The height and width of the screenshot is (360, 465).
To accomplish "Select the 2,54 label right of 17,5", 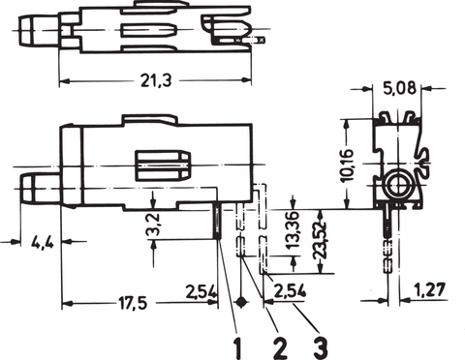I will pyautogui.click(x=201, y=291).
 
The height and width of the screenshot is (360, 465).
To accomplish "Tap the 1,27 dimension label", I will pyautogui.click(x=429, y=289).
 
